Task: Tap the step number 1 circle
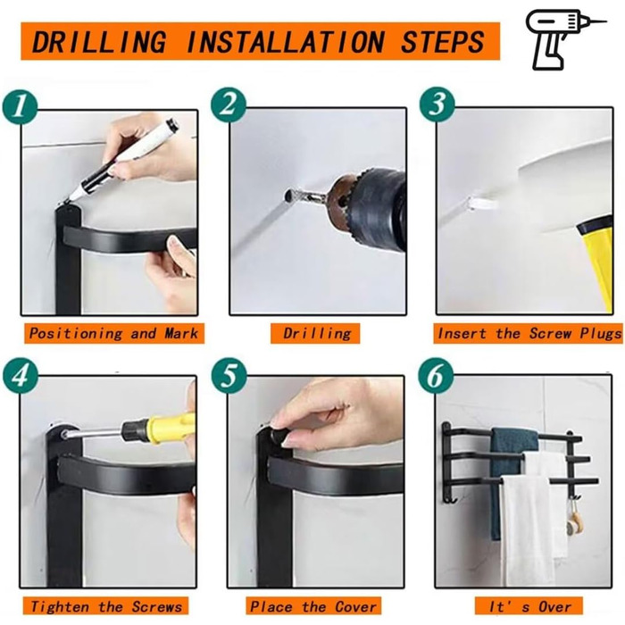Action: coord(20,108)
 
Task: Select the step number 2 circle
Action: coord(229,105)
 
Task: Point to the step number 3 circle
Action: coord(437,104)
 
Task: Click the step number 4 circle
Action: coord(21,376)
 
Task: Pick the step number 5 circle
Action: coord(229,376)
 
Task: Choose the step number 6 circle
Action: coord(436,376)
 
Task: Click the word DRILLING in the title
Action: coord(98,42)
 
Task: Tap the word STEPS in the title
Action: coord(442,42)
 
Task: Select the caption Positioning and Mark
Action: coord(114,333)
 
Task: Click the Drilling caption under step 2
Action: coord(317,333)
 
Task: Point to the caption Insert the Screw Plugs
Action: coord(529,333)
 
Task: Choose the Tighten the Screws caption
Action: coord(106,606)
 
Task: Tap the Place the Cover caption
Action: coord(312,606)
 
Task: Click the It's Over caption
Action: coord(529,606)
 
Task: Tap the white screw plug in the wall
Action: coord(483,204)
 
